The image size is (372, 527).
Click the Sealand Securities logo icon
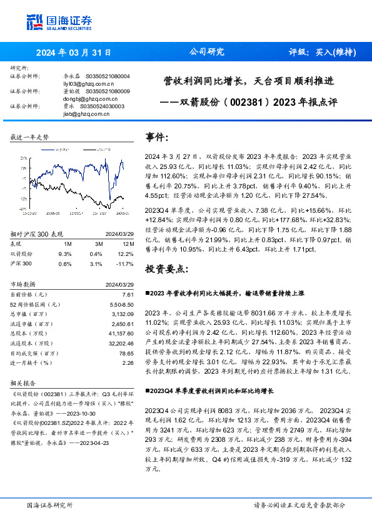coord(34,22)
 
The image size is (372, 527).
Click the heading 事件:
coord(158,137)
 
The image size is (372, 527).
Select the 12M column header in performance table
coord(128,243)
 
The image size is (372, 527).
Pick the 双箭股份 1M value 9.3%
coord(65,253)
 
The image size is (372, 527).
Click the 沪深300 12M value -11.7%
coord(126,263)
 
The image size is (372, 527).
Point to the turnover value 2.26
coord(128,362)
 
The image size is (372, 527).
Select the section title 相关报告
coord(23,383)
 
